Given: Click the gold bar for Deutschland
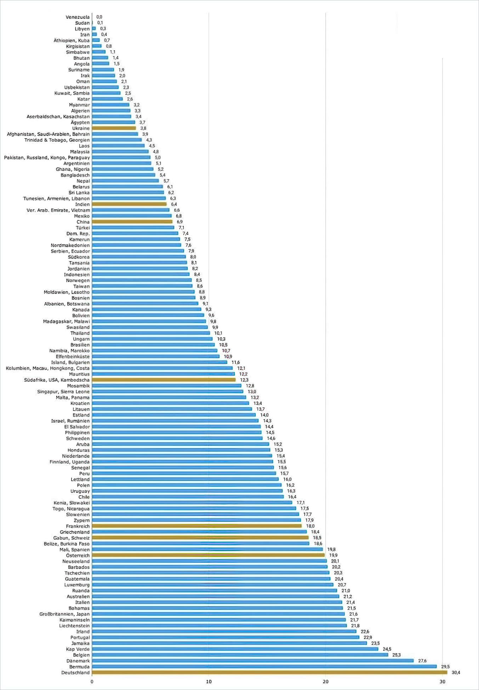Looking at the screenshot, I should tap(269, 672).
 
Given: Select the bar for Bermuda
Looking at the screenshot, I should tap(264, 666).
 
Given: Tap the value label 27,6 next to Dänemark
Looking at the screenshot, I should tap(422, 661).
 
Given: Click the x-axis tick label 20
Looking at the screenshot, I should tap(325, 682).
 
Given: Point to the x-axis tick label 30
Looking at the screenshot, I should tap(442, 682).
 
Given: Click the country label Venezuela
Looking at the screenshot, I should tap(78, 17).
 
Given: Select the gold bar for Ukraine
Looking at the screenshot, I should tap(114, 128).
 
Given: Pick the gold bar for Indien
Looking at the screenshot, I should tap(129, 204).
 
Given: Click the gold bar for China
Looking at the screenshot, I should tap(132, 222).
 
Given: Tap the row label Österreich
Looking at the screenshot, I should tap(78, 555).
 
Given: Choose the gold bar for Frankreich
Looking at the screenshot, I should tap(197, 526).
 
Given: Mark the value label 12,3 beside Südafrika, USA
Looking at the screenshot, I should tap(244, 380).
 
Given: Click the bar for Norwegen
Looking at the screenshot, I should tap(142, 280).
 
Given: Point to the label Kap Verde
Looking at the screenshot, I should tap(78, 649).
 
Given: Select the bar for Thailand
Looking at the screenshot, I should tap(151, 333).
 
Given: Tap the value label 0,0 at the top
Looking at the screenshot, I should tap(99, 17).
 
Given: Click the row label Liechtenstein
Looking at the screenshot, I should tap(74, 626).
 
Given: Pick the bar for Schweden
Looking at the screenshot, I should tap(177, 438).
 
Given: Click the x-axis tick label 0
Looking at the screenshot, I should tap(92, 682).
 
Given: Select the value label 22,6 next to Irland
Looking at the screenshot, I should tap(365, 632).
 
